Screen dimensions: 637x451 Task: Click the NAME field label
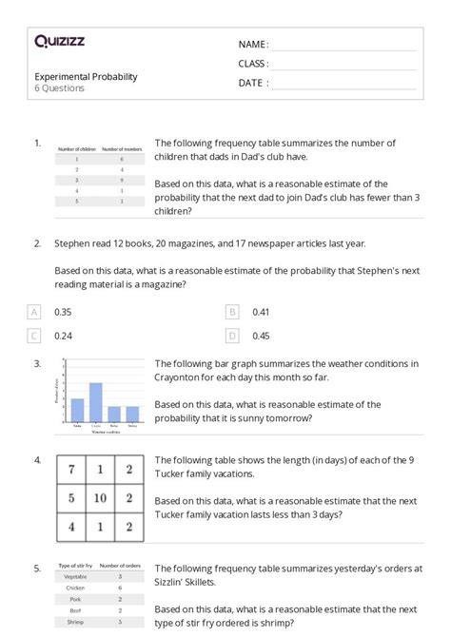252,45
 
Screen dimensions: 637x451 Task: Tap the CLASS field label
253,64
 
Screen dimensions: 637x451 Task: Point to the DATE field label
252,83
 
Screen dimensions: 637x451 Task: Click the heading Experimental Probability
86,76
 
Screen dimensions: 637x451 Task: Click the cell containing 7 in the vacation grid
70,469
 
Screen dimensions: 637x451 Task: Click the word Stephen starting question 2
71,243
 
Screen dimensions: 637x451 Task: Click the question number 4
36,460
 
